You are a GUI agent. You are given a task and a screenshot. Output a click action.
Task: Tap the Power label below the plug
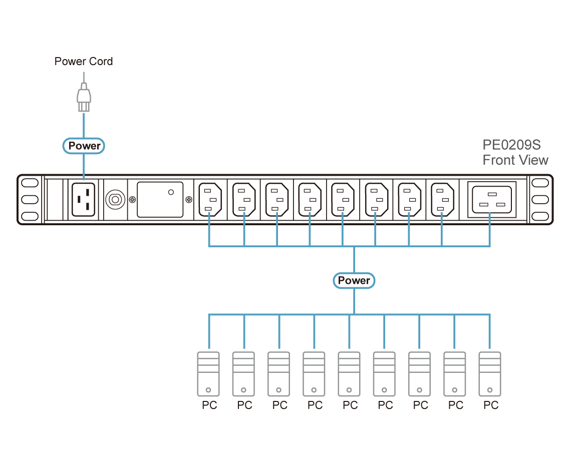84,146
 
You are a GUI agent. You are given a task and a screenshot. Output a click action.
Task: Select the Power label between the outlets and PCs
354,280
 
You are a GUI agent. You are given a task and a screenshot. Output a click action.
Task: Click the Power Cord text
84,62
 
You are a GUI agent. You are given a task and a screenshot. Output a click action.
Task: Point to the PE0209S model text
511,145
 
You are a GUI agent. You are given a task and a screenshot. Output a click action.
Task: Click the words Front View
515,160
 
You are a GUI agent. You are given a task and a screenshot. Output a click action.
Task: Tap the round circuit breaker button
115,200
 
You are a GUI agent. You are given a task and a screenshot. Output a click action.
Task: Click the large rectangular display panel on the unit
160,199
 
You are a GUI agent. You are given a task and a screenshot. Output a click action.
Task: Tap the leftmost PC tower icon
208,374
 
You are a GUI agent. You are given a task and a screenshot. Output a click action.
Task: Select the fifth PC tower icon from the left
349,374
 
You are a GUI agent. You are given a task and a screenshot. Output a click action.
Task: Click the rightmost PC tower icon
490,374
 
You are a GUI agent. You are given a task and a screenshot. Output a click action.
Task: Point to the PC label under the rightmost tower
491,404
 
